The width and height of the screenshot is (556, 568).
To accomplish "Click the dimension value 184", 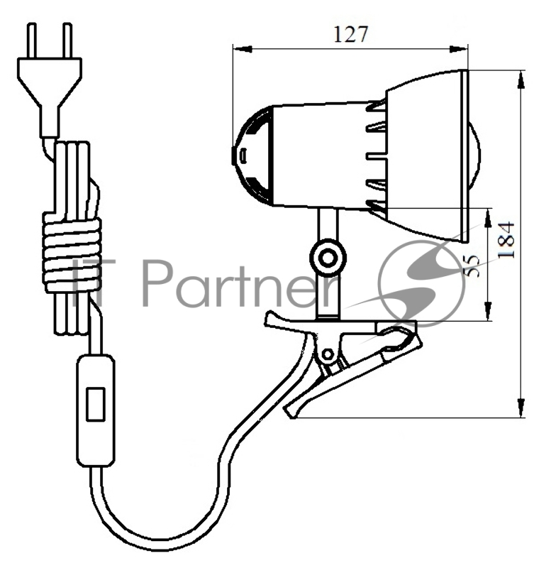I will pos(506,240).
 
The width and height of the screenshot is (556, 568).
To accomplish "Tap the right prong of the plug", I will pos(67,40).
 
